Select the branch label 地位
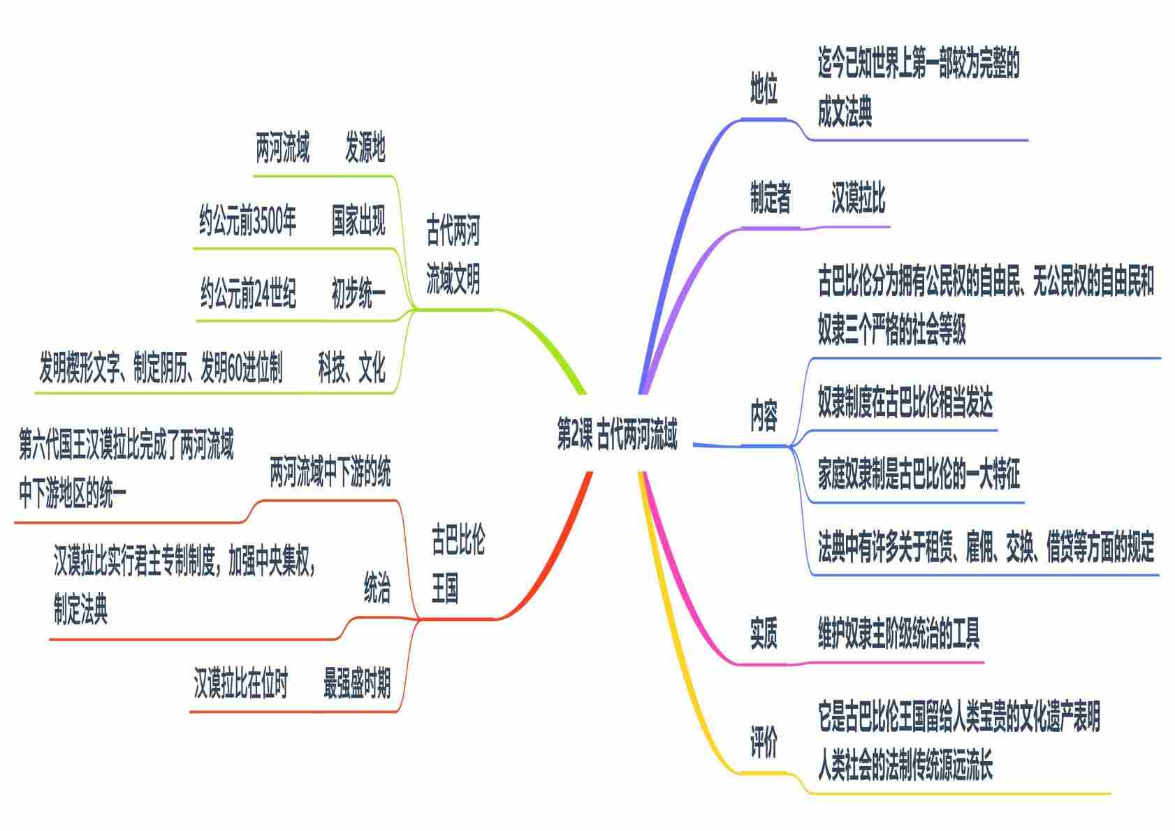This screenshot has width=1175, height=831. point(764,89)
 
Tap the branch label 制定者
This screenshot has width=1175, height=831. point(771,198)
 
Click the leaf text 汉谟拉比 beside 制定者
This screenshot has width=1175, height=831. point(858,198)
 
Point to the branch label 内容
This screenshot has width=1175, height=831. point(764,416)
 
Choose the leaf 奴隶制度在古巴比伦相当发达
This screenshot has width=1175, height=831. point(905,402)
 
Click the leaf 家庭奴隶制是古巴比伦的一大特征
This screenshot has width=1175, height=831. point(919,475)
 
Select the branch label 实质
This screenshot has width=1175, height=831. point(764,633)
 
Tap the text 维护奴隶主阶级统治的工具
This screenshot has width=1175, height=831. point(899,633)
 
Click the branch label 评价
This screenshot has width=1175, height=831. point(764,742)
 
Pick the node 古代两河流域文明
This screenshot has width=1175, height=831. point(453,256)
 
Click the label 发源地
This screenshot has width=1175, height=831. point(365,147)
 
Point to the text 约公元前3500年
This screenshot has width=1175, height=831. point(247,221)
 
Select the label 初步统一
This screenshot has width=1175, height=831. point(358,294)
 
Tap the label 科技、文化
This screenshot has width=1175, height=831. point(351,367)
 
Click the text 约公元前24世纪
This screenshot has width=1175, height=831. point(248,294)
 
